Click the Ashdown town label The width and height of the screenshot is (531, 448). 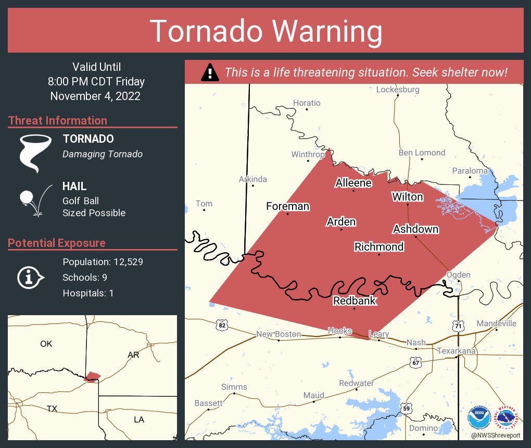tap(415, 229)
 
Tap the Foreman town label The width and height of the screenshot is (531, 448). tap(287, 206)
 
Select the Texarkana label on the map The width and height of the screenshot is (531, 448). tap(457, 351)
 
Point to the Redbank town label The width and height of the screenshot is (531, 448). tap(354, 301)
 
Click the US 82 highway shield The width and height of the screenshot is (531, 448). tap(222, 325)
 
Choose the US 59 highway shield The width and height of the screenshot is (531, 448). tap(407, 407)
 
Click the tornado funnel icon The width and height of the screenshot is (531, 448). tap(36, 153)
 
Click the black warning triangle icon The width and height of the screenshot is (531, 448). tap(210, 72)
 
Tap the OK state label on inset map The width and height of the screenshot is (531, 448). tap(46, 344)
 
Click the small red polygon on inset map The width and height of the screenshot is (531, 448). tap(92, 376)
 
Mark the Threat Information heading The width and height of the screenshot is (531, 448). tap(58, 121)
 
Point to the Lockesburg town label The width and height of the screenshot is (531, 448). tap(397, 90)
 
